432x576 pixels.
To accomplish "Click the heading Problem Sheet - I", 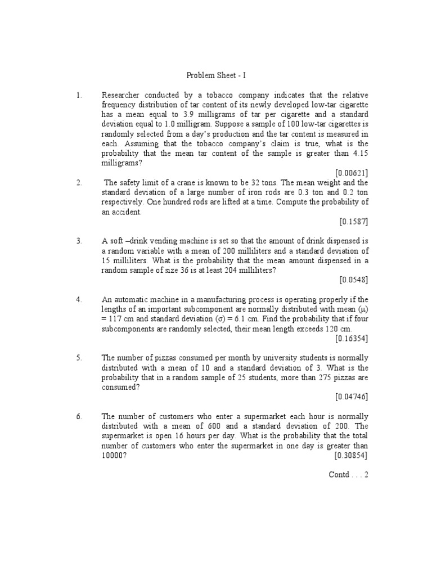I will pos(216,75).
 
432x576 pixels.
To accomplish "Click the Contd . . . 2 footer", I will pos(348,474).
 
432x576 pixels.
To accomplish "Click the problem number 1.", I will pos(79,95).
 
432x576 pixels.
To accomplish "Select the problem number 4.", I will pos(79,299).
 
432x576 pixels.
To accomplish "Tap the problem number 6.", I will pos(79,416).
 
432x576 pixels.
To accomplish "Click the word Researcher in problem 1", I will pos(121,95).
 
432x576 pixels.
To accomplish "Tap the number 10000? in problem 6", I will pos(114,456).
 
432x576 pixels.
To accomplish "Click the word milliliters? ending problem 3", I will pos(256,270).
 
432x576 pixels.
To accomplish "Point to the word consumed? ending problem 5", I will pos(120,387).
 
